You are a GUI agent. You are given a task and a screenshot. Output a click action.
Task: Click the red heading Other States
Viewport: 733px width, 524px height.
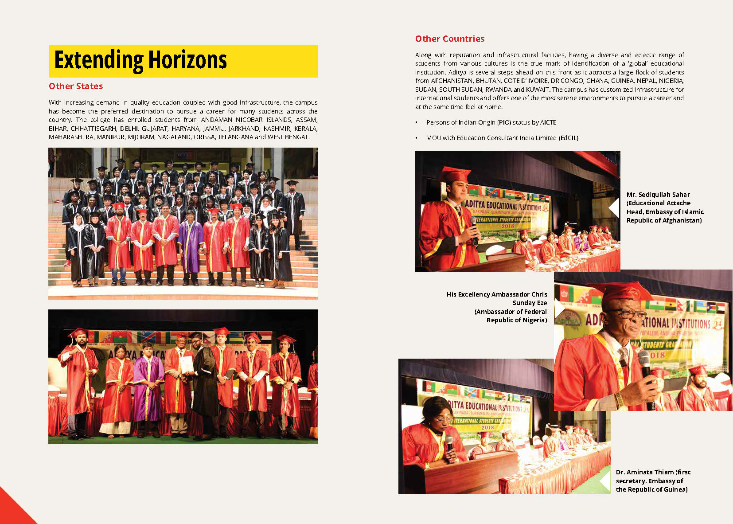76,86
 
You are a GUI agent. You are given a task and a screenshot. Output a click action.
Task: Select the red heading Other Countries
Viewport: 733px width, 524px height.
449,39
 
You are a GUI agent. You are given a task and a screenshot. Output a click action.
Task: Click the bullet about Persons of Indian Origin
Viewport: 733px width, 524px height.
491,122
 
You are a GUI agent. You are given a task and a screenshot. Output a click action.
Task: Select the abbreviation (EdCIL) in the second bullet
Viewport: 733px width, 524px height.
568,138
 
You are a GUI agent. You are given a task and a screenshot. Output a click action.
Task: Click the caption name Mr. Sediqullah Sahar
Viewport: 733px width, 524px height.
658,195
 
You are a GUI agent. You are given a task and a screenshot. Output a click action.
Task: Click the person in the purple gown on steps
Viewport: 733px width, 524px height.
191,246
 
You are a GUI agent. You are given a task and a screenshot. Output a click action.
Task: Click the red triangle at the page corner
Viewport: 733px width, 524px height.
13,510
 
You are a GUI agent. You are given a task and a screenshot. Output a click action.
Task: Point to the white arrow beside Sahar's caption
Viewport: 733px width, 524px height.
614,207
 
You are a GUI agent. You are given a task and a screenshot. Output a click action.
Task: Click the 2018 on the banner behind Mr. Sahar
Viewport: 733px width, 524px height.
507,226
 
